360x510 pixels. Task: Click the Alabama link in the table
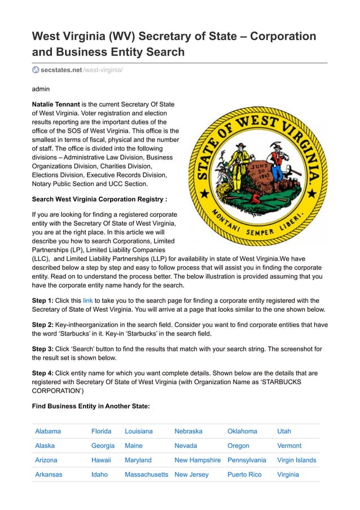(x=48, y=431)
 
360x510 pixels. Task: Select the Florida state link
(x=101, y=431)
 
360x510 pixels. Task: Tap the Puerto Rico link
(x=244, y=474)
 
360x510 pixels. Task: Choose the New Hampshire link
(x=197, y=460)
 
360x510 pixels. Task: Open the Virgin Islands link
(x=296, y=460)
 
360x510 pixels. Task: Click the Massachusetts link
(x=146, y=474)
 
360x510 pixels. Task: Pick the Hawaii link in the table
(x=101, y=460)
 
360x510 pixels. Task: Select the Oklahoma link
(x=242, y=431)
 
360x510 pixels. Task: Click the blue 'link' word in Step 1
(x=88, y=300)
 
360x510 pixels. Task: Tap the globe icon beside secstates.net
(x=36, y=69)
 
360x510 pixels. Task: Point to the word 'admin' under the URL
(x=41, y=89)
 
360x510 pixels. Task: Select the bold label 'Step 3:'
(x=42, y=349)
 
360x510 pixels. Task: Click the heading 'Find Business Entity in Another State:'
(x=90, y=406)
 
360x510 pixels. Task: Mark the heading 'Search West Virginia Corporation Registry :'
(x=99, y=199)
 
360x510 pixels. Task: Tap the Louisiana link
(x=138, y=431)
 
